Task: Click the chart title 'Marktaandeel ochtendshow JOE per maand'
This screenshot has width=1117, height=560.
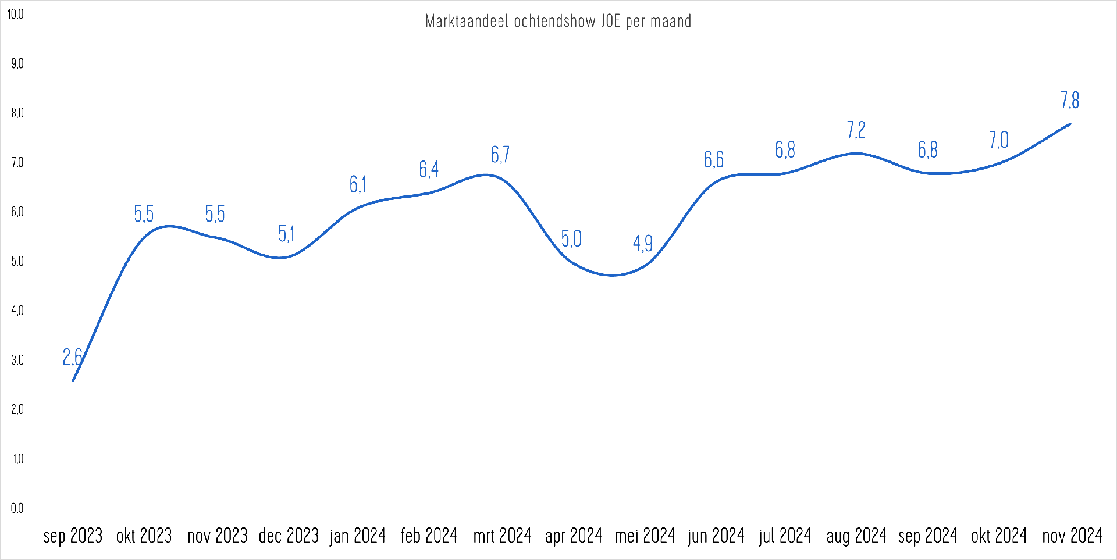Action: [558, 22]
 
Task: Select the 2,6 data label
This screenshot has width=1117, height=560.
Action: [72, 357]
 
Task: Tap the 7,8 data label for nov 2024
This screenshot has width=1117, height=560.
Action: [1070, 101]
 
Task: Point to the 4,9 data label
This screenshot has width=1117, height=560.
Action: [642, 243]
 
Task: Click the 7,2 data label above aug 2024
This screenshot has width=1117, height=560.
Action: [856, 130]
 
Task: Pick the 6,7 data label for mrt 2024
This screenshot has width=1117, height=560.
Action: [500, 155]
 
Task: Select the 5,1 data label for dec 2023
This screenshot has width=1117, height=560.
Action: [286, 234]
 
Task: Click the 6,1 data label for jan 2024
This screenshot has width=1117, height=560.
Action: [358, 184]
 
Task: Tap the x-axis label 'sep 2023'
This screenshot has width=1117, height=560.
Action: [73, 536]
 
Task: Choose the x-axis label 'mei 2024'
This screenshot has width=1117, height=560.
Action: [645, 536]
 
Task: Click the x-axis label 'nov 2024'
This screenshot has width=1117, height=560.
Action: [1072, 536]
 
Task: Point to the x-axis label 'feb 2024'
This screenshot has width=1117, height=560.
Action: [429, 536]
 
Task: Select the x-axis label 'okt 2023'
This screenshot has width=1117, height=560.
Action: [144, 536]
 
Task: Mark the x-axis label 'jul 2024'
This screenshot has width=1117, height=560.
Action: [785, 536]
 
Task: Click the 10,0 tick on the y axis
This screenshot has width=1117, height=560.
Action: [15, 14]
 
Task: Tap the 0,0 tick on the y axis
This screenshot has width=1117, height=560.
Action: [17, 509]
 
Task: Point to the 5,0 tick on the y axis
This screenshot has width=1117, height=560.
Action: [17, 262]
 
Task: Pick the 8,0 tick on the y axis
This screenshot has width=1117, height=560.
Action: [17, 113]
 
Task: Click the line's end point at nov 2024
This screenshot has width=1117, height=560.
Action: [1070, 124]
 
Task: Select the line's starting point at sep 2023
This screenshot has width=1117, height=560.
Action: [73, 381]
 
